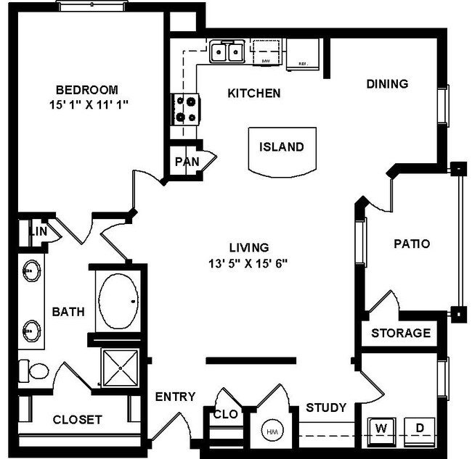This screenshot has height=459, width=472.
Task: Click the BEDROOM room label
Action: pyautogui.click(x=87, y=90)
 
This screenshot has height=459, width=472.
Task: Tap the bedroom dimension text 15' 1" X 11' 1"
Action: pyautogui.click(x=87, y=104)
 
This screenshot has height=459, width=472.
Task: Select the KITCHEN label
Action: pyautogui.click(x=253, y=93)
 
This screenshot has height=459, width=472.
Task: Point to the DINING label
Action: pyautogui.click(x=386, y=84)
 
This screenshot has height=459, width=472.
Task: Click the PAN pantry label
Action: pyautogui.click(x=187, y=161)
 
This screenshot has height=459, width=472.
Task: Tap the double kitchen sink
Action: pyautogui.click(x=227, y=52)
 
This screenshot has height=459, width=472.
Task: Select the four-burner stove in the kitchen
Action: pyautogui.click(x=185, y=109)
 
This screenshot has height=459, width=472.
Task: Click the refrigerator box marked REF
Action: pyautogui.click(x=301, y=54)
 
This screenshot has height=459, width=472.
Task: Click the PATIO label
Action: pyautogui.click(x=410, y=244)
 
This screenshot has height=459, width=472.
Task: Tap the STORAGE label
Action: pyautogui.click(x=401, y=334)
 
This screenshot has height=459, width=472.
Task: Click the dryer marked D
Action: pyautogui.click(x=419, y=427)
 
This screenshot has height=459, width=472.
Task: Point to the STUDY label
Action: pyautogui.click(x=325, y=407)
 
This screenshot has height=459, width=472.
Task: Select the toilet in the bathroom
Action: pyautogui.click(x=32, y=371)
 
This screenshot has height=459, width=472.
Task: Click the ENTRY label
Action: pyautogui.click(x=175, y=396)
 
